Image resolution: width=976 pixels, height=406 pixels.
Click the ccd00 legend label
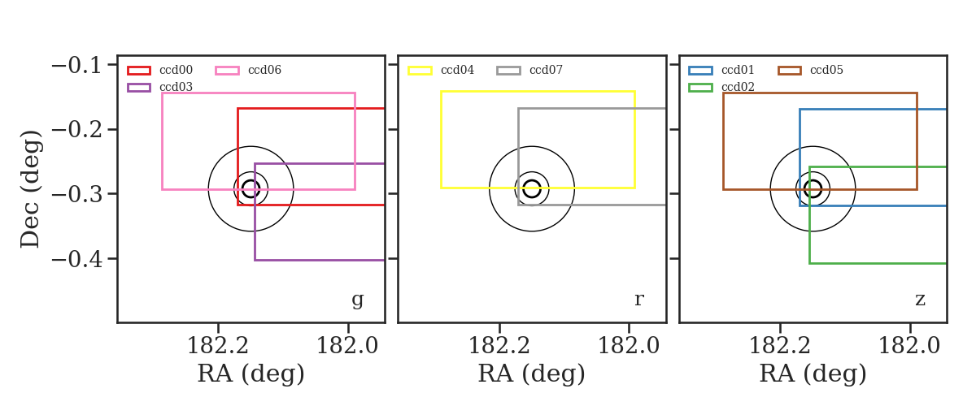click(x=176, y=70)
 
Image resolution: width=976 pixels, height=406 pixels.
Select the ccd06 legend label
click(x=264, y=70)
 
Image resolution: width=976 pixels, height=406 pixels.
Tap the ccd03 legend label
click(x=176, y=87)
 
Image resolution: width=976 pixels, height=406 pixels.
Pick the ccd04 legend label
click(x=457, y=70)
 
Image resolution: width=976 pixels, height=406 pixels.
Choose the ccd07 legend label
click(x=546, y=70)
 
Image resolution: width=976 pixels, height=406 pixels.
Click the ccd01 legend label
click(x=738, y=70)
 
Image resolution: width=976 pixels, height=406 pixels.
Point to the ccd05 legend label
click(x=826, y=70)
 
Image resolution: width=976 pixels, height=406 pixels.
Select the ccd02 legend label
click(x=738, y=87)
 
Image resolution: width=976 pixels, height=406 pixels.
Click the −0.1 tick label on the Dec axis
click(x=76, y=65)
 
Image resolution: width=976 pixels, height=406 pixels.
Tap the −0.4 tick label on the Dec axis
click(x=76, y=259)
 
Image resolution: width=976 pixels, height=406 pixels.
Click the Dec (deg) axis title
click(x=31, y=189)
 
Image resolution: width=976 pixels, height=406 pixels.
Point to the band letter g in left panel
click(x=357, y=300)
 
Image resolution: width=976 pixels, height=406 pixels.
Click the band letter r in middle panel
click(x=638, y=300)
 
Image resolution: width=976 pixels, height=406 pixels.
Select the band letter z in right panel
click(x=920, y=300)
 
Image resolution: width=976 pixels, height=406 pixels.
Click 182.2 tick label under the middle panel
click(x=499, y=346)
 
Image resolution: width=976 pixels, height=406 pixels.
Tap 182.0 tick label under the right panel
click(x=909, y=346)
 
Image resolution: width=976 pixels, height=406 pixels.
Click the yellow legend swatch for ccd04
click(x=420, y=71)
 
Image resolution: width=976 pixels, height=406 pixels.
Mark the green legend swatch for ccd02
click(x=700, y=88)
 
